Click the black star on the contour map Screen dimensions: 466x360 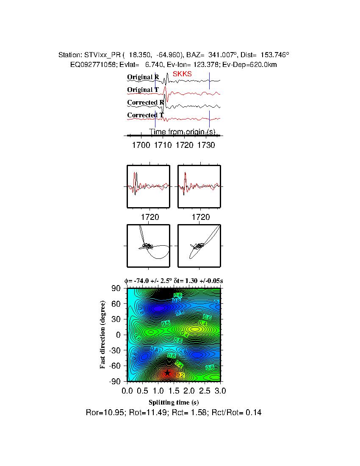(x=168, y=373)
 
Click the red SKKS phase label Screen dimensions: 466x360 (x=182, y=74)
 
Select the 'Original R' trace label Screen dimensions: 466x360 (x=143, y=77)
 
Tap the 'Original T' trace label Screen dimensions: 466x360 (x=143, y=90)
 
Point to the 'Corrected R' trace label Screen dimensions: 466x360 (x=145, y=103)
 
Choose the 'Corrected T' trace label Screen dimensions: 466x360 (x=145, y=115)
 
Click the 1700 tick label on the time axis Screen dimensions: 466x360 (x=141, y=145)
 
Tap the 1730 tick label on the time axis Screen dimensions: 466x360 (x=206, y=145)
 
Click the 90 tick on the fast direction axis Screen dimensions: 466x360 (x=116, y=288)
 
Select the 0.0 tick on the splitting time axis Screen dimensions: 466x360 (x=127, y=390)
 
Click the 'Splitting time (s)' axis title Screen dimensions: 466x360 (x=174, y=402)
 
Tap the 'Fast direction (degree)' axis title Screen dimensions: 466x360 (x=103, y=335)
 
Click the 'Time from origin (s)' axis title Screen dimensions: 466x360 (x=183, y=132)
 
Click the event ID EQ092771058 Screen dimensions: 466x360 (x=89, y=64)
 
